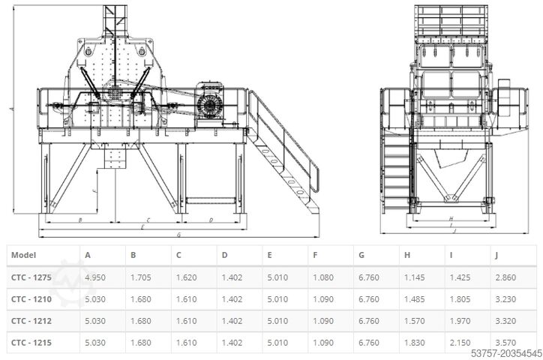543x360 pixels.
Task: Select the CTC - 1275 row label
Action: click(x=31, y=277)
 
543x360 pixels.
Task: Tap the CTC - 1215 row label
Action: click(x=31, y=343)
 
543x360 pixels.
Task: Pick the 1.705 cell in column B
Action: click(x=141, y=277)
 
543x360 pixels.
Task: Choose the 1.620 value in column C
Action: click(x=186, y=277)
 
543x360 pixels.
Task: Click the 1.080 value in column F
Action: click(x=323, y=277)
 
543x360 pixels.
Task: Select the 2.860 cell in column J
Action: click(x=506, y=277)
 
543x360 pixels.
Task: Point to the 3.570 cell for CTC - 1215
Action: click(x=506, y=343)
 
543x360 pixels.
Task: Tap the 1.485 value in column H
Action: click(x=415, y=299)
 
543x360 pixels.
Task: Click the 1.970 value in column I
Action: click(x=460, y=321)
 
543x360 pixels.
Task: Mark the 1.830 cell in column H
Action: click(x=415, y=343)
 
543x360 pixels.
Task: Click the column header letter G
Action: click(x=362, y=256)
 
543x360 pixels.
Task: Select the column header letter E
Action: click(x=270, y=256)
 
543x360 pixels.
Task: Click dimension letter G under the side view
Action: click(x=178, y=235)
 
